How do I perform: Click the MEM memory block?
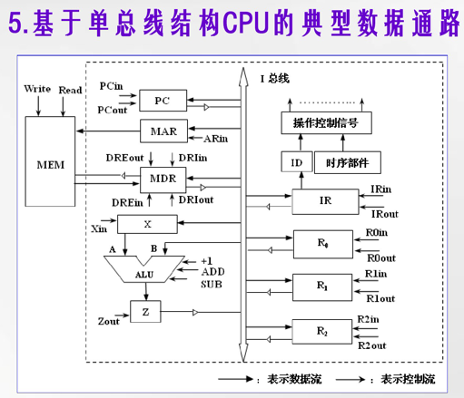pyautogui.click(x=48, y=165)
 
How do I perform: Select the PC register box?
pyautogui.click(x=162, y=100)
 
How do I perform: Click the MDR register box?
pyautogui.click(x=163, y=179)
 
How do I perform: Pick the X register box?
pyautogui.click(x=147, y=223)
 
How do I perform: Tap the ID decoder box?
pyautogui.click(x=296, y=163)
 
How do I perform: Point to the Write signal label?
pyautogui.click(x=37, y=89)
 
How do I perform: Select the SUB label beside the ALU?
pyautogui.click(x=212, y=284)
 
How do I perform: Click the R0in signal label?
pyautogui.click(x=378, y=233)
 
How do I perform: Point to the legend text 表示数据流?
pyautogui.click(x=290, y=379)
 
